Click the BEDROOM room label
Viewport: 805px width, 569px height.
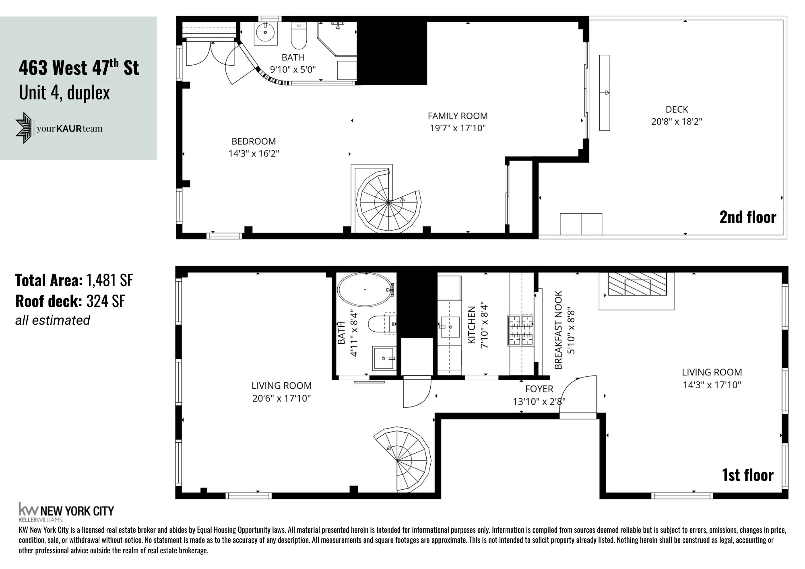[x=254, y=142]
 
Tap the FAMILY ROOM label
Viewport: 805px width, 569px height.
[x=458, y=116]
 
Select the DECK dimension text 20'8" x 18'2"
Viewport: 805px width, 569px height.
[x=677, y=122]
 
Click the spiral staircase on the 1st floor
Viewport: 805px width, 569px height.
[x=400, y=459]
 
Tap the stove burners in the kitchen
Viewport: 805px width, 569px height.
[x=521, y=331]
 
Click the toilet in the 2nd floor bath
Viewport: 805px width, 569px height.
[x=299, y=35]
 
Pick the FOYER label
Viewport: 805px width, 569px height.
[x=539, y=389]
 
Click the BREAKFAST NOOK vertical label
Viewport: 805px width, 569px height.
[x=558, y=330]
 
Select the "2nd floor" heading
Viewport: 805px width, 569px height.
[x=748, y=217]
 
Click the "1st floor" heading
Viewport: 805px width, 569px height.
[x=748, y=475]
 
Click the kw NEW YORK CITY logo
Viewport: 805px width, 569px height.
[x=66, y=511]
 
